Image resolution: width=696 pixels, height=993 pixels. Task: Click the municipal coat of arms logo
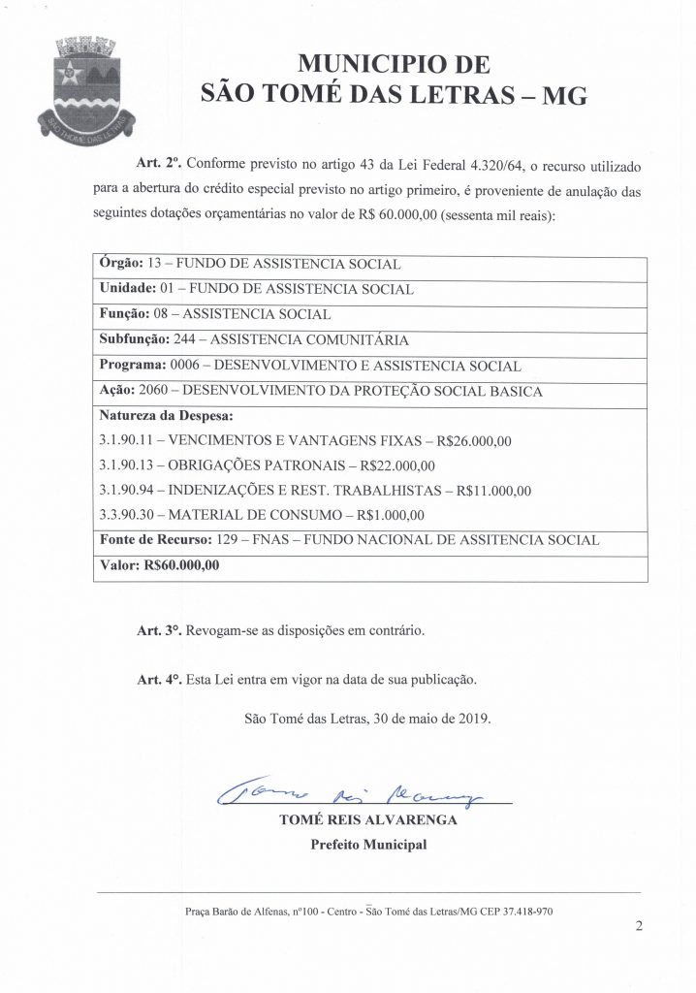tap(82, 86)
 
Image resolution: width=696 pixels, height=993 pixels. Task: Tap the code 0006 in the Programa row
tap(185, 366)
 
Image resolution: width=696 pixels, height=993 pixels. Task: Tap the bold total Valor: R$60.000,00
tap(159, 566)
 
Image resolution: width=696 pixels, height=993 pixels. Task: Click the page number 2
tap(638, 925)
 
